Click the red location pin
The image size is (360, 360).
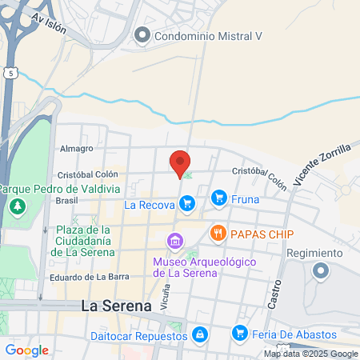(x=181, y=162)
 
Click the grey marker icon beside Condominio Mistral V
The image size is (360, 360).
(x=142, y=34)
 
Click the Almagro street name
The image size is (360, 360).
(x=77, y=149)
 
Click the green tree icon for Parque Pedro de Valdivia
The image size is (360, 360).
(x=17, y=208)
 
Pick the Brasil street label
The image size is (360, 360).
(x=66, y=201)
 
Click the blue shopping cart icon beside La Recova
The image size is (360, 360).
(x=186, y=204)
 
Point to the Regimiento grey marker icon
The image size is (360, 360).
(x=321, y=271)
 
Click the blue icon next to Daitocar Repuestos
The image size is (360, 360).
(x=200, y=334)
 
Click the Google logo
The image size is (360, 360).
(x=26, y=350)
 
